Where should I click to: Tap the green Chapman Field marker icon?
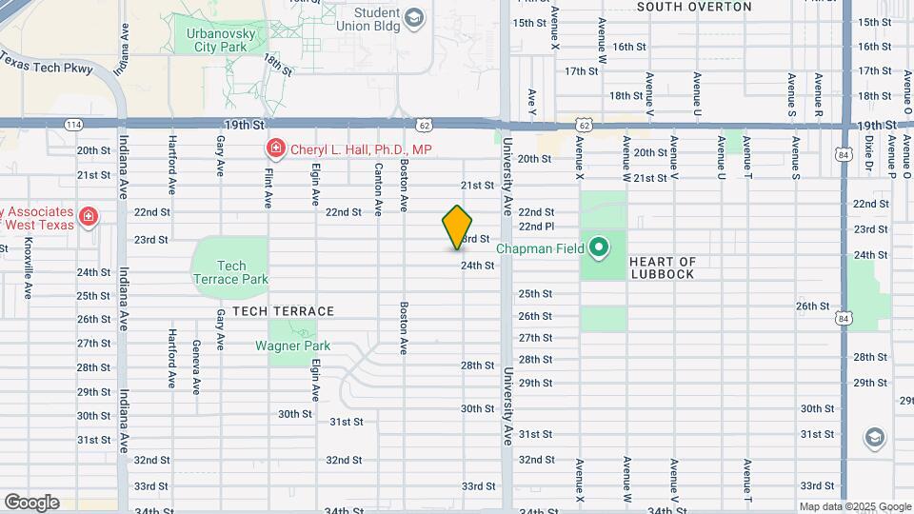pyautogui.click(x=598, y=249)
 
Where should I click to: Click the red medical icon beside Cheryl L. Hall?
pyautogui.click(x=275, y=148)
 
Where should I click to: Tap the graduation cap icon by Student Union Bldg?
pyautogui.click(x=413, y=18)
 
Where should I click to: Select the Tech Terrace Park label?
pyautogui.click(x=230, y=272)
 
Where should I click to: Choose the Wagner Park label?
pyautogui.click(x=292, y=346)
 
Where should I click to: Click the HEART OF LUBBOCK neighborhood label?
pyautogui.click(x=663, y=267)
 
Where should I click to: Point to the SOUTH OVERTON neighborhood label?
pyautogui.click(x=694, y=7)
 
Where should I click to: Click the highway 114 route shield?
pyautogui.click(x=73, y=125)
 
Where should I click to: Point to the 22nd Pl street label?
pyautogui.click(x=536, y=227)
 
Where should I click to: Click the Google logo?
pyautogui.click(x=31, y=503)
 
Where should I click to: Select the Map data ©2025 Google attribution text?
pyautogui.click(x=854, y=507)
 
